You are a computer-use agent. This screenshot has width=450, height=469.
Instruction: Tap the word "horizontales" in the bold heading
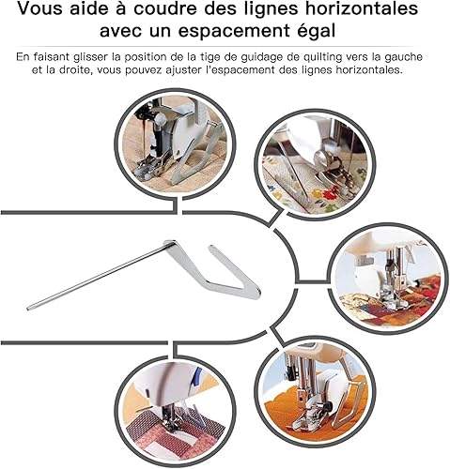point(362,8)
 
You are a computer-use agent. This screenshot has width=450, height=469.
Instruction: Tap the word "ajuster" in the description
point(185,70)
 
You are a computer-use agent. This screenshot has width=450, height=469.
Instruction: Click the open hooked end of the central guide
point(211,249)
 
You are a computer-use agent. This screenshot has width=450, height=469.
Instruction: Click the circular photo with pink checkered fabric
point(175,413)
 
